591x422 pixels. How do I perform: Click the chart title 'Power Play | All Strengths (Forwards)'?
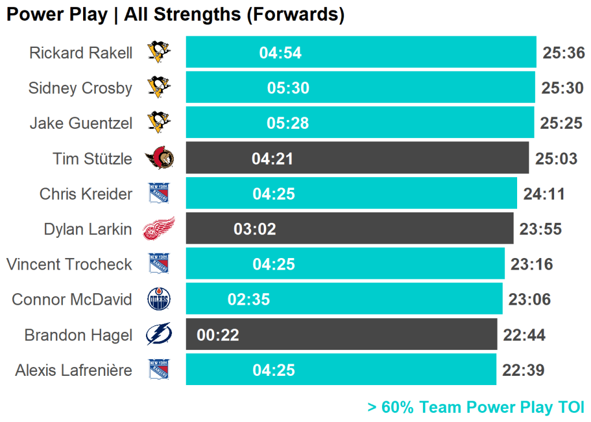(x=175, y=14)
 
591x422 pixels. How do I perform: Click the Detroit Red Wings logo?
(x=158, y=229)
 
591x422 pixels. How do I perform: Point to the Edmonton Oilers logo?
(x=159, y=300)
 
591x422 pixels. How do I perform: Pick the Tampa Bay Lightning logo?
(x=159, y=335)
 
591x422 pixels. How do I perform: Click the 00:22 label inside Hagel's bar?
(x=218, y=335)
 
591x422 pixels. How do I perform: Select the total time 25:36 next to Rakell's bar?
(x=564, y=53)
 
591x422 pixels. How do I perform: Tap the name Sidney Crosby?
(x=80, y=88)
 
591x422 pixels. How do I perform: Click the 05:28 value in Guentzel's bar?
(x=288, y=123)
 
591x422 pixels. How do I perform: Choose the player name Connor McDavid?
(x=72, y=300)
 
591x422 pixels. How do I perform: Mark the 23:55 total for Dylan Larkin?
(x=540, y=229)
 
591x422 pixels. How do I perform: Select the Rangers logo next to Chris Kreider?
(x=159, y=193)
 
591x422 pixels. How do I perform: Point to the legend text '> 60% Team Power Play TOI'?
(x=476, y=407)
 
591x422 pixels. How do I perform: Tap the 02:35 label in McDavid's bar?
(x=249, y=300)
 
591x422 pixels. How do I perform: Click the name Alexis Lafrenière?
(x=74, y=370)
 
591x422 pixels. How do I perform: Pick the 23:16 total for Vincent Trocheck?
(x=532, y=264)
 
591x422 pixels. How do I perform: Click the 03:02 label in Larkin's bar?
(x=255, y=229)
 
